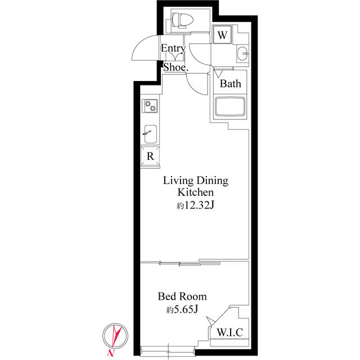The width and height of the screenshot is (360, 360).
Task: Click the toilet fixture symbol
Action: [183, 20]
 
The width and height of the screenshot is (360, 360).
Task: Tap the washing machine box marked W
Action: [222, 35]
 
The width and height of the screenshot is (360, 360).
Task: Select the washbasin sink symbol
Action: [242, 53]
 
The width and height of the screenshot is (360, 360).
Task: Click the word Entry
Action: [173, 48]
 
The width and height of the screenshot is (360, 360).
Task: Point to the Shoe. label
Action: [175, 67]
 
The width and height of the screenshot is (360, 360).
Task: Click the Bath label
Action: [230, 84]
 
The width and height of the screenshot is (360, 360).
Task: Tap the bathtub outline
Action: [229, 107]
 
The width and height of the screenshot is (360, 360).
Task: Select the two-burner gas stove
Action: [150, 106]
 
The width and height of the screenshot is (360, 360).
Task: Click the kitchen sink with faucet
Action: [150, 134]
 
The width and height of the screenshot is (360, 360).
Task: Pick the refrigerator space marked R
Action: [150, 156]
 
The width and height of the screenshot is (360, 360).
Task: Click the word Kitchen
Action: [196, 192]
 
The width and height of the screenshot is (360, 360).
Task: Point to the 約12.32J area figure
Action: [195, 205]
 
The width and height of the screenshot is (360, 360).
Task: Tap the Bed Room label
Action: [182, 296]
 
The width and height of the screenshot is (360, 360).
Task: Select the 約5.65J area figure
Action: [182, 310]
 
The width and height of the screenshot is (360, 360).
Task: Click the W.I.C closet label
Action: [230, 332]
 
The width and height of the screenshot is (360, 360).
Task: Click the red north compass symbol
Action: [115, 336]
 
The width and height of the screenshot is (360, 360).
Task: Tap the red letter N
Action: [111, 353]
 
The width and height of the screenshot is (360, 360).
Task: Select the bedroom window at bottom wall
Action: [168, 351]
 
